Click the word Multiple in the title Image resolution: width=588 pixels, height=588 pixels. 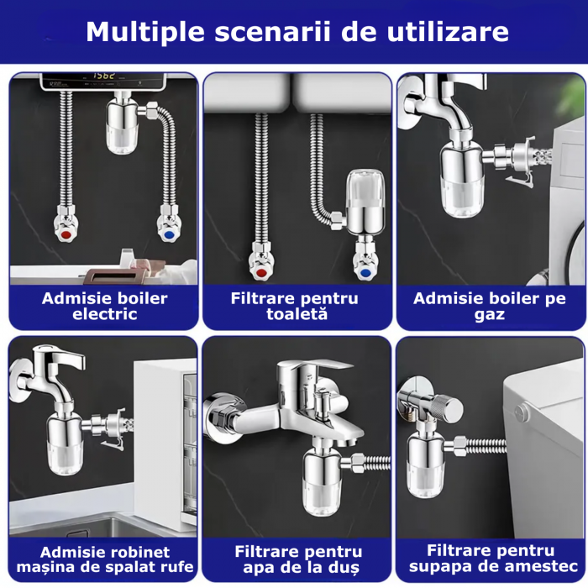click(145, 33)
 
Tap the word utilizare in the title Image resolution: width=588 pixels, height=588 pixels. click(448, 32)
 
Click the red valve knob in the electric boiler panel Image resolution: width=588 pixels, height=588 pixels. click(66, 235)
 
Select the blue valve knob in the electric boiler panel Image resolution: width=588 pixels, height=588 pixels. click(169, 235)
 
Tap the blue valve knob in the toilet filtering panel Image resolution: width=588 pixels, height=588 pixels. click(365, 273)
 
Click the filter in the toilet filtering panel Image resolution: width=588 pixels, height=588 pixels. click(365, 202)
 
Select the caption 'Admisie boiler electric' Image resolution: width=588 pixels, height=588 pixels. click(105, 307)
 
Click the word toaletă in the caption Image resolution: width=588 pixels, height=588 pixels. click(297, 314)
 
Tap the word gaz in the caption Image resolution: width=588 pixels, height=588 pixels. click(490, 315)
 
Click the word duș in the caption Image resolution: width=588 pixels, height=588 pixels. click(346, 567)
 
